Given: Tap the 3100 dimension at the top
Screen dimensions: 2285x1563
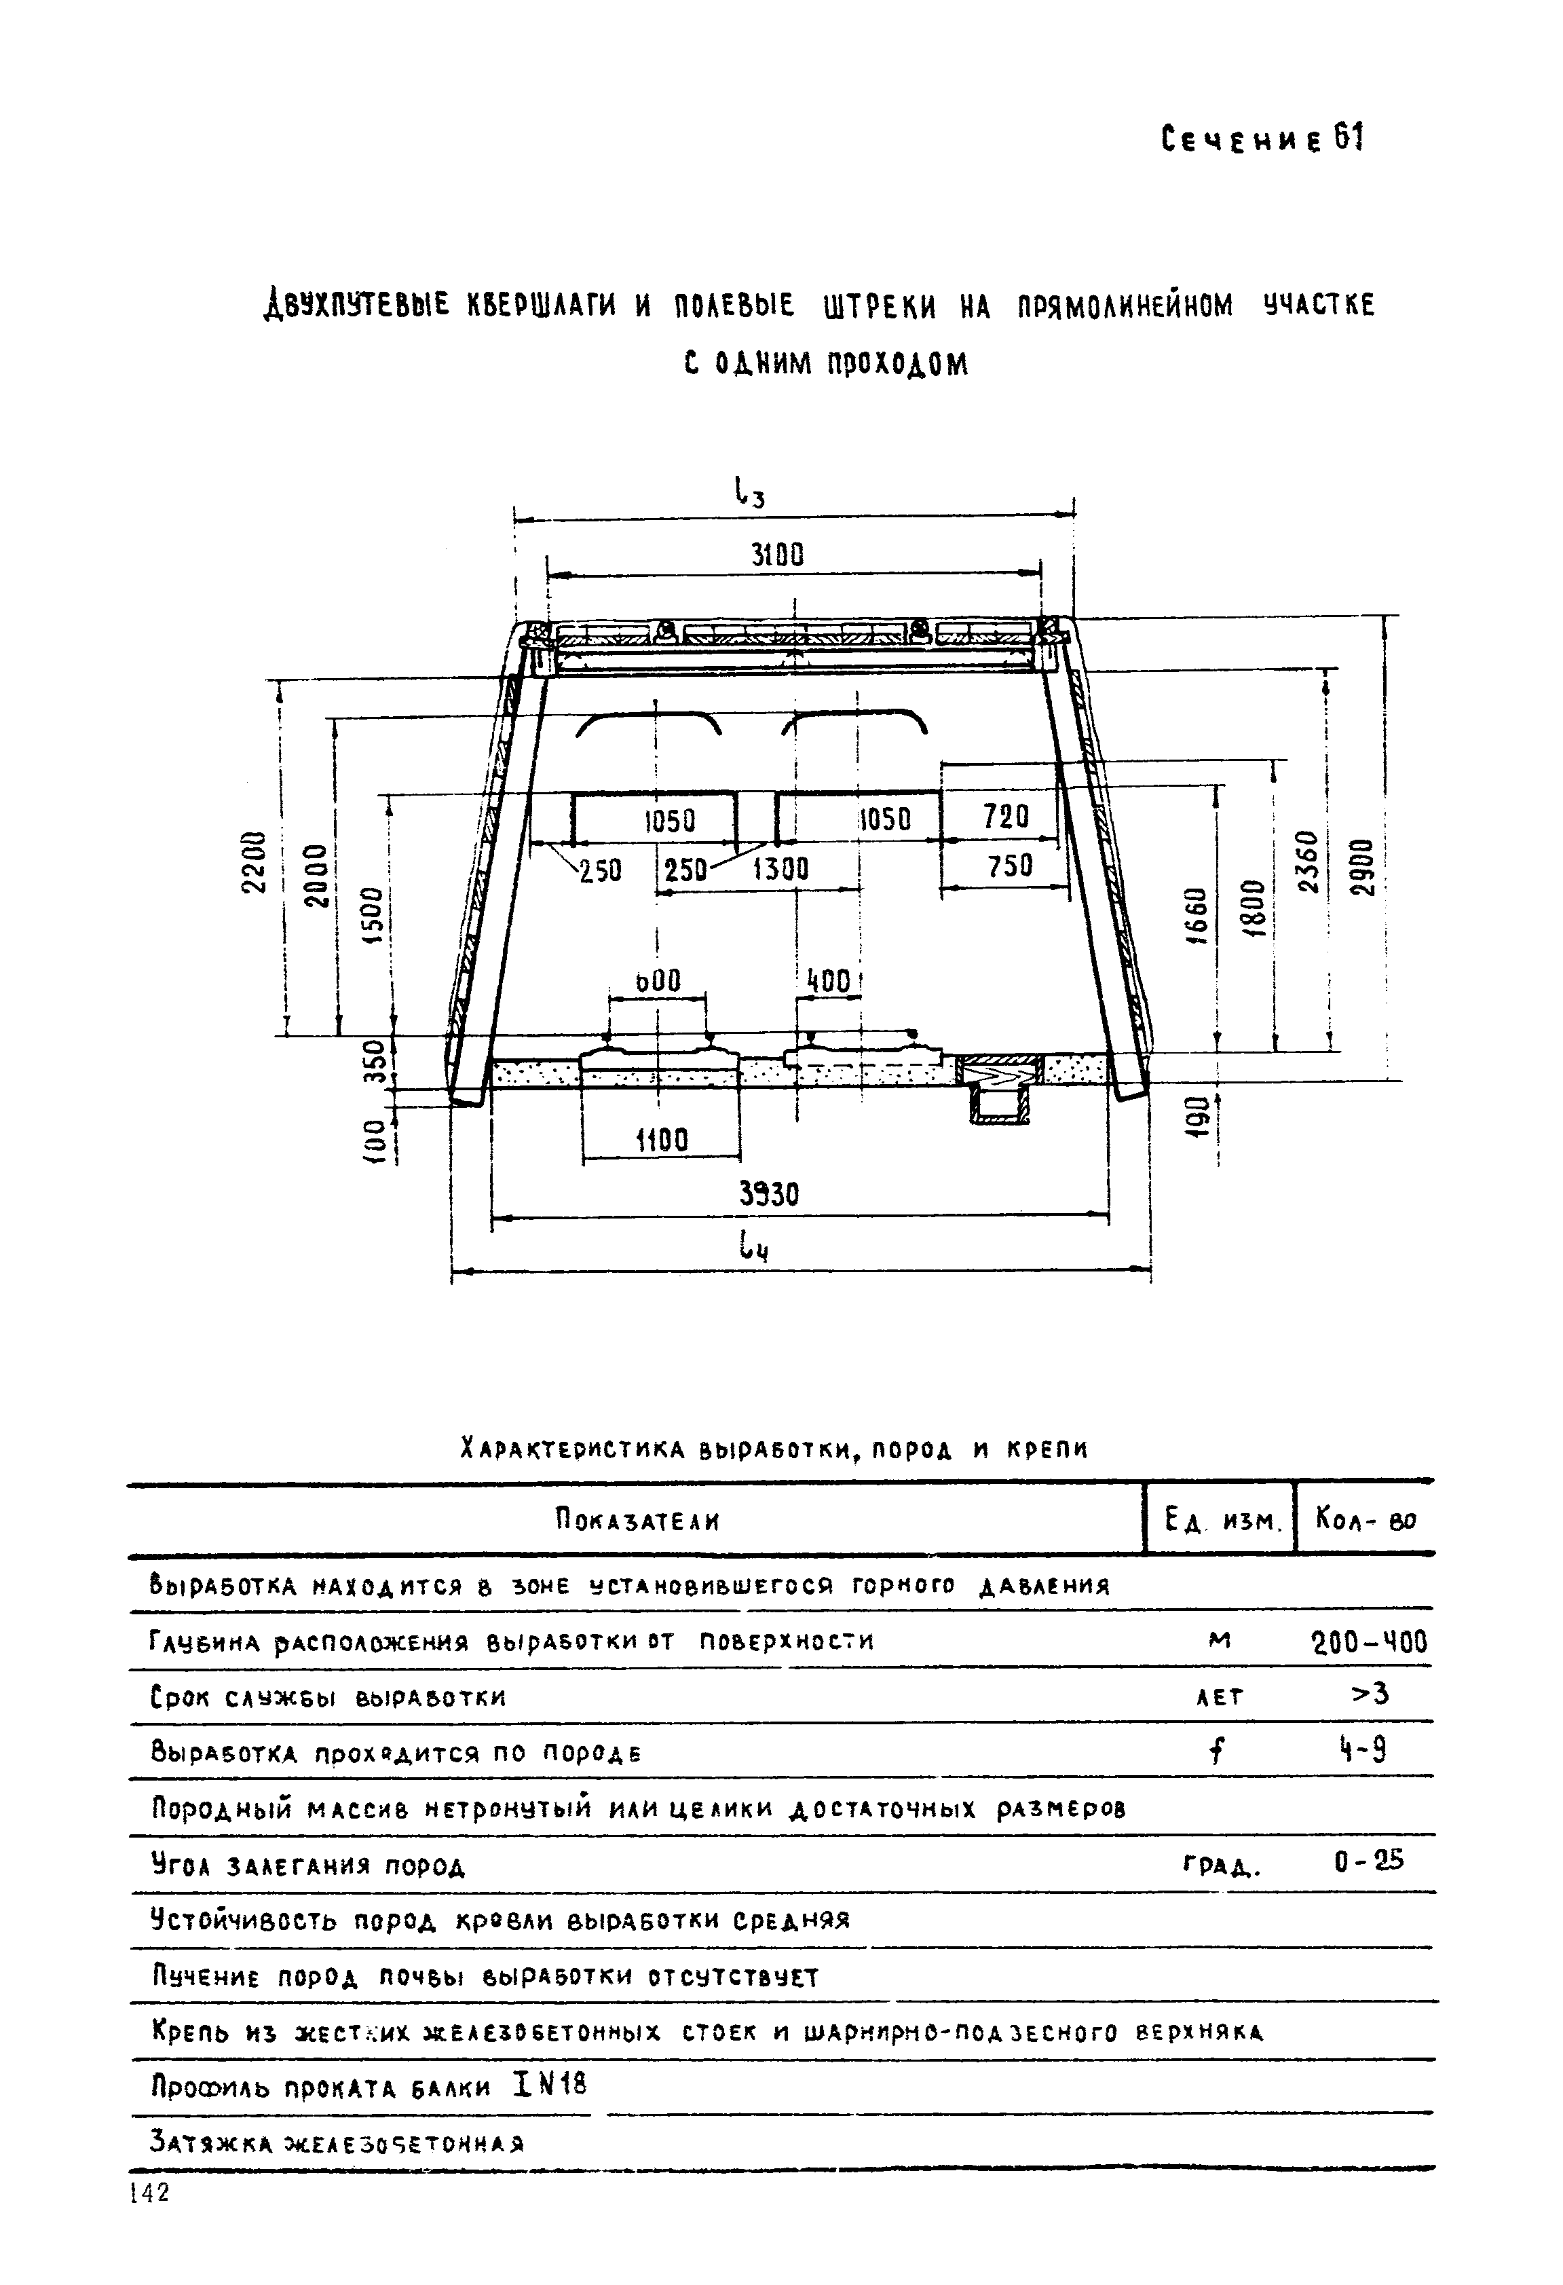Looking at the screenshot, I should tap(778, 557).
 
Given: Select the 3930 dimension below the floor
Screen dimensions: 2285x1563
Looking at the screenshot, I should tap(769, 1193).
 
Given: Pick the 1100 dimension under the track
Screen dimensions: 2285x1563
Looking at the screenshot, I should tap(662, 1140).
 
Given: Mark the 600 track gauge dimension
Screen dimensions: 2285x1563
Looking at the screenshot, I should tap(658, 980).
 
